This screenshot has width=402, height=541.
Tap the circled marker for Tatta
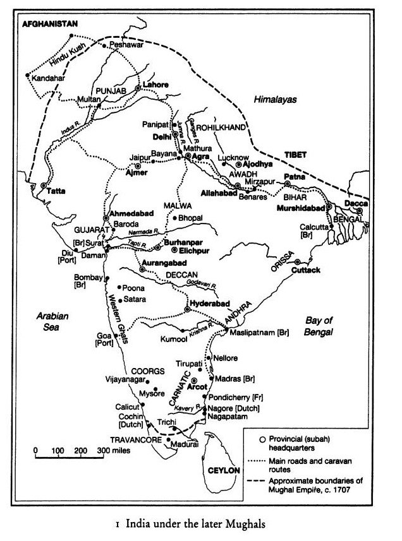pos(44,186)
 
